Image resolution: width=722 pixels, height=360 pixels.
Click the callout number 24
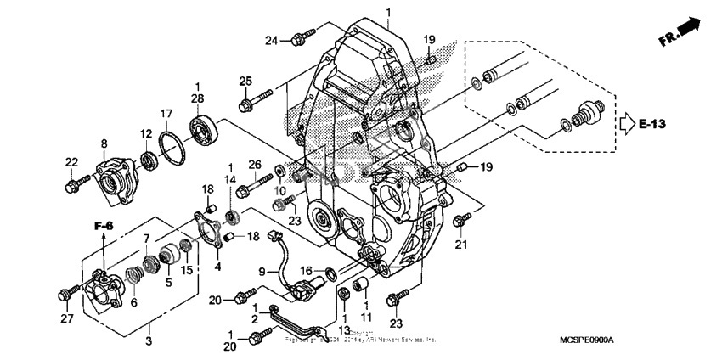[x=272, y=40]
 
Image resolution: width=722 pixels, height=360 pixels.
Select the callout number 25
[x=246, y=81]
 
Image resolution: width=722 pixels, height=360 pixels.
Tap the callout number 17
[x=167, y=113]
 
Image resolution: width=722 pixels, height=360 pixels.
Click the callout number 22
[x=72, y=162]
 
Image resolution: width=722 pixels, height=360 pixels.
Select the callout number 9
[x=263, y=272]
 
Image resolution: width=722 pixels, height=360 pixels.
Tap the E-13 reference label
[x=653, y=125]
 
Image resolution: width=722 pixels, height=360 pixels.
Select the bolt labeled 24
[x=299, y=38]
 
